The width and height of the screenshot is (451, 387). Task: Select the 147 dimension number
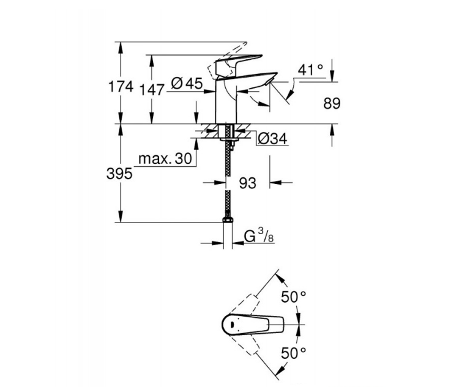(x=152, y=89)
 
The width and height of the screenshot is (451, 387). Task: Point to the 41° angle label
(x=311, y=70)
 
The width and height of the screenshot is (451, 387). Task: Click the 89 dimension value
(x=331, y=103)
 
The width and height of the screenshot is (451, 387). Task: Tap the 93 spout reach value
(x=248, y=182)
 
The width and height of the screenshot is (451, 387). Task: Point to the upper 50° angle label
(x=293, y=297)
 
